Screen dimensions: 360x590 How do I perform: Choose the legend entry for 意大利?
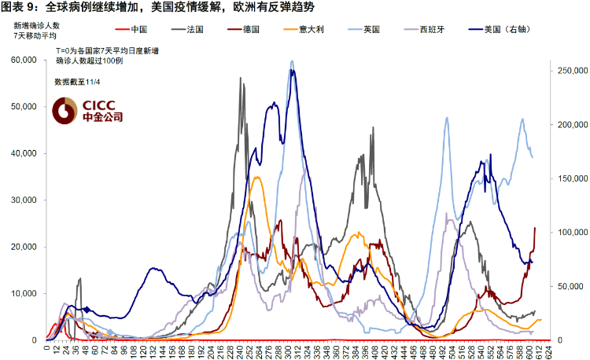312,29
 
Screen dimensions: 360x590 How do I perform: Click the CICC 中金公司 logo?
88,111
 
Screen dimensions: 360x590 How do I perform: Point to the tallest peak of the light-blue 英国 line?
292,61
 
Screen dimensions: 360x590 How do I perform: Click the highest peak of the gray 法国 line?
242,78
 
